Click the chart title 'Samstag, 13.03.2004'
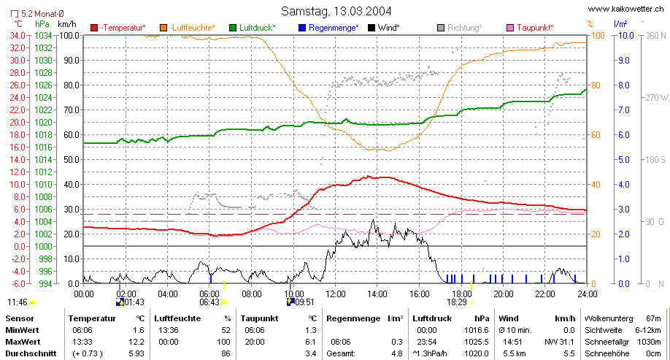coord(336,11)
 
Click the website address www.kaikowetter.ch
coord(626,9)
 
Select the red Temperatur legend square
coord(94,28)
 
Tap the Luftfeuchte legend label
coord(193,28)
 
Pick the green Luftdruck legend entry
coord(253,28)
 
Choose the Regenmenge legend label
coord(334,28)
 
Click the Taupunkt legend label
coord(535,28)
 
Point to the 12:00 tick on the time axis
coord(336,294)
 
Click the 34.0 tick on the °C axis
coord(18,36)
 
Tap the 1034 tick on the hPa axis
coord(44,36)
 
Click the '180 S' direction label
coord(656,159)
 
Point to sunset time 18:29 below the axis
coord(457,302)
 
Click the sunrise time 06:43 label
coord(209,302)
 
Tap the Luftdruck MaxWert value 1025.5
coord(477,342)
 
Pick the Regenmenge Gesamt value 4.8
coord(397,353)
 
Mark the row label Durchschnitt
coord(31,353)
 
